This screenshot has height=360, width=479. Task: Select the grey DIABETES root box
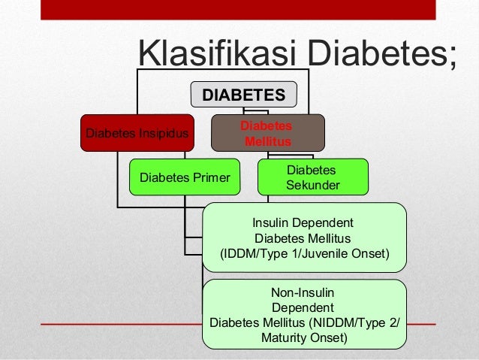[x=244, y=95]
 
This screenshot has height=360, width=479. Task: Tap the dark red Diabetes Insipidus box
[x=137, y=133]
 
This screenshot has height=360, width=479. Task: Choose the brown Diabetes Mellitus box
[x=267, y=133]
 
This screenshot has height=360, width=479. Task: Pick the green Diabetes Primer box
[x=184, y=177]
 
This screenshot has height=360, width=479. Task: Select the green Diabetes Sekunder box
[x=312, y=177]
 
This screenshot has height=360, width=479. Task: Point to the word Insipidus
[x=165, y=134]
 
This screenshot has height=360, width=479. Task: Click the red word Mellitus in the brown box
[x=267, y=141]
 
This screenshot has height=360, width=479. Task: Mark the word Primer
[x=211, y=178]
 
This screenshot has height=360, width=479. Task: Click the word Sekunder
[x=312, y=185]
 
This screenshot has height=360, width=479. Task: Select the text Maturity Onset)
[x=304, y=338]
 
